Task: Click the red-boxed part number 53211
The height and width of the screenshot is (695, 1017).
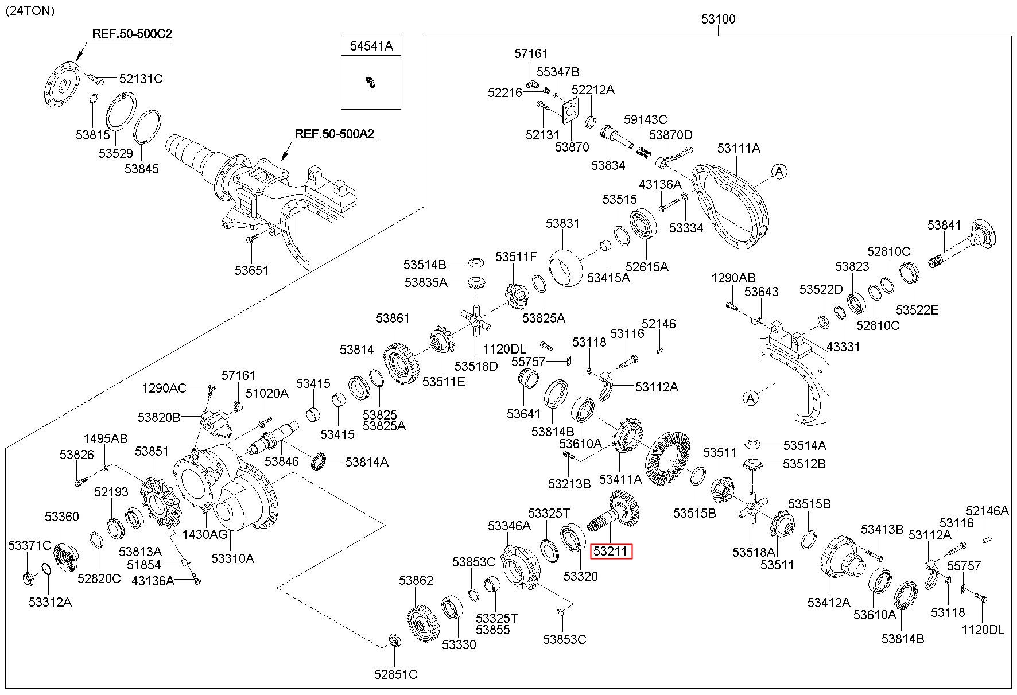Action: click(612, 552)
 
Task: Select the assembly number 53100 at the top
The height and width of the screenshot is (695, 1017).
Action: click(718, 19)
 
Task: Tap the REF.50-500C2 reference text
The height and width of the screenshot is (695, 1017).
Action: click(132, 34)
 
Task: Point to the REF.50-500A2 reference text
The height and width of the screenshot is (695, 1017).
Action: click(335, 134)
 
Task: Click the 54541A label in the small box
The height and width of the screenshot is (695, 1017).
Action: click(371, 46)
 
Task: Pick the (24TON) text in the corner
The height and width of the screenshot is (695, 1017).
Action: click(30, 10)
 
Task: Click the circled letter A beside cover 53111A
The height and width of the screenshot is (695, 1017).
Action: click(779, 171)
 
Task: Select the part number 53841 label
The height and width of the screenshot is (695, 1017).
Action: click(945, 225)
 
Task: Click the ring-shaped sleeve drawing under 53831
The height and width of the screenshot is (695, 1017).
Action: click(566, 265)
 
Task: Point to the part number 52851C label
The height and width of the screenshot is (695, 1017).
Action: click(396, 674)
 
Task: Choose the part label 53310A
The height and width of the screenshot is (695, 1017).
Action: click(232, 558)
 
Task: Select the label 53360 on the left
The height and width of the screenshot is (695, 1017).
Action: click(62, 517)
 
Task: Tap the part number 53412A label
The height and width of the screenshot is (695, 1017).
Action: click(829, 603)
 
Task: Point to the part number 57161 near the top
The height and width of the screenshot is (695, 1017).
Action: click(531, 53)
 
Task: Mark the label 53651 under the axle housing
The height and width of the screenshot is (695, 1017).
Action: click(251, 270)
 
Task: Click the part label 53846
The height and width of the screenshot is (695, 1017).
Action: click(282, 461)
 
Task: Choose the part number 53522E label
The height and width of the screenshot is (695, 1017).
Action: click(918, 310)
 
